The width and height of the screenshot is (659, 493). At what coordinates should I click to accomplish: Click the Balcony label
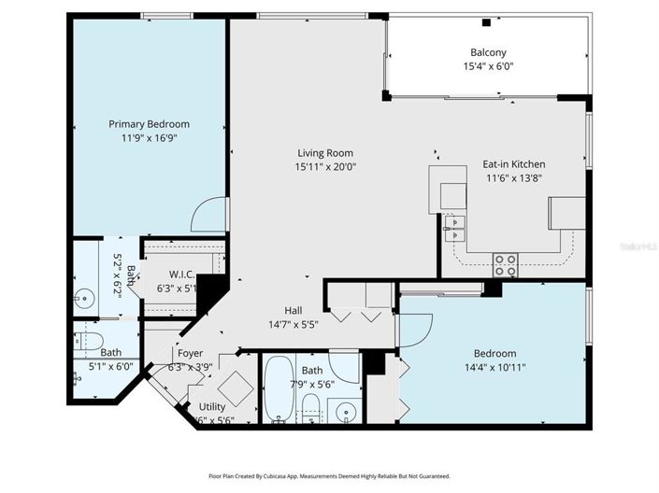[488, 53]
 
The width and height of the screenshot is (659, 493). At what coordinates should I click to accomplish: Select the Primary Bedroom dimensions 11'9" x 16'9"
[149, 138]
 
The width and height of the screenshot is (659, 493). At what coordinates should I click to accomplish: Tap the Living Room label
[325, 153]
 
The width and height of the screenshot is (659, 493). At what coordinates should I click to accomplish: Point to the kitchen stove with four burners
[506, 264]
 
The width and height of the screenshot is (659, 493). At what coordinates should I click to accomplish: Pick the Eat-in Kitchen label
[512, 164]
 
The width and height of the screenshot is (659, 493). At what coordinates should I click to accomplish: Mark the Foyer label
[191, 354]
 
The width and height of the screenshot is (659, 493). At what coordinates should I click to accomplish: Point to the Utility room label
[212, 407]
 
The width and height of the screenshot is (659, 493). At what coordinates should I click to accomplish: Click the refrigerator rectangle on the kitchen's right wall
[566, 212]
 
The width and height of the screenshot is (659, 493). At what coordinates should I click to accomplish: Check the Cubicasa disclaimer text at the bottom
[328, 476]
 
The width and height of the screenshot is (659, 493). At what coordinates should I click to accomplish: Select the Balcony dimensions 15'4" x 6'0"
[488, 67]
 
